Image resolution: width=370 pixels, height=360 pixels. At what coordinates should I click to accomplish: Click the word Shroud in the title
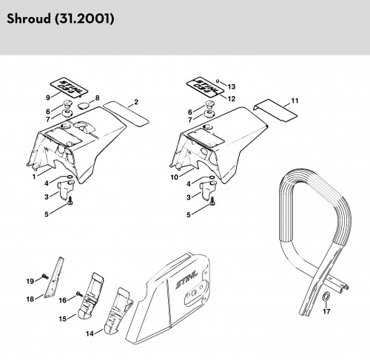[29, 18]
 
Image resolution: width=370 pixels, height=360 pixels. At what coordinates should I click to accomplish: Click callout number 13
[232, 86]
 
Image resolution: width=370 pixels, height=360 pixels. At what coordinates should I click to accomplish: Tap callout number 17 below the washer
[326, 311]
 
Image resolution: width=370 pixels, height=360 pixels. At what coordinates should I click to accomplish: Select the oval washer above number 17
[326, 296]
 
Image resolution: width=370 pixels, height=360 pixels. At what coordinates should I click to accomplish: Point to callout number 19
[30, 281]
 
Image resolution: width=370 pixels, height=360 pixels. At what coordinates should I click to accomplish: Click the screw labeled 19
[44, 276]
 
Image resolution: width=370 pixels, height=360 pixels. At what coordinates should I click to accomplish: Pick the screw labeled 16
[79, 294]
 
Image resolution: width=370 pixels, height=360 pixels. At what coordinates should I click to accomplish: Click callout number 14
[90, 333]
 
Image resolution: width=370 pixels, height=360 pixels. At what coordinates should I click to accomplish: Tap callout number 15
[63, 319]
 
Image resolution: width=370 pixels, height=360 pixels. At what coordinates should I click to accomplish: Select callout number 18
[30, 299]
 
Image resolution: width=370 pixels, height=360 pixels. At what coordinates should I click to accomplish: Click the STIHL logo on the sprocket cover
[186, 279]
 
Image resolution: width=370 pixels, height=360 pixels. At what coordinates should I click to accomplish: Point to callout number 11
[295, 101]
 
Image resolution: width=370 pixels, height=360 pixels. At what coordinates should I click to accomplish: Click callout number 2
[136, 102]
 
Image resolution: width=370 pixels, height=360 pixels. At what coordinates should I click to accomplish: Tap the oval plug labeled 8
[83, 106]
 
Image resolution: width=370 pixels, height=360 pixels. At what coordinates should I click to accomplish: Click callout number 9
[48, 98]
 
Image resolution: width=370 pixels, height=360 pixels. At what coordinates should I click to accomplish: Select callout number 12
[232, 99]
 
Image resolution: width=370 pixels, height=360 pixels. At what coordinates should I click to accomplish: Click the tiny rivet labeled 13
[218, 81]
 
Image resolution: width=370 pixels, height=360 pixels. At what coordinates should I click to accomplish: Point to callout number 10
[174, 177]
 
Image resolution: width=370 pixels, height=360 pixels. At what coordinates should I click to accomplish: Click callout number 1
[34, 177]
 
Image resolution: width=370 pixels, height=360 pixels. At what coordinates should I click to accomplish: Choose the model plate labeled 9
[69, 87]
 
